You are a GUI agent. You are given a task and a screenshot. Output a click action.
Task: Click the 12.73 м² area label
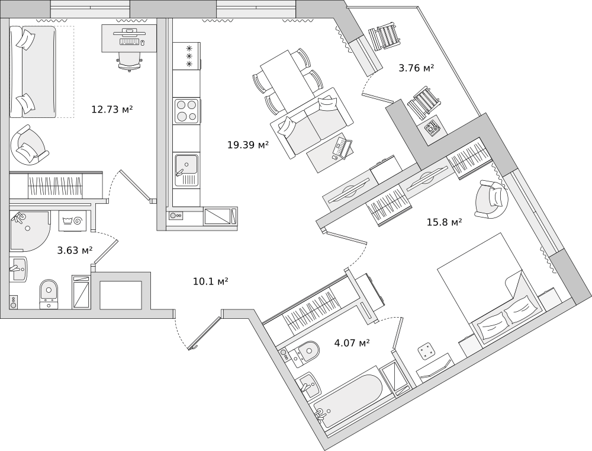pos(112,109)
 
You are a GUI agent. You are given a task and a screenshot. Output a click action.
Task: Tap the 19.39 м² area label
pos(248,144)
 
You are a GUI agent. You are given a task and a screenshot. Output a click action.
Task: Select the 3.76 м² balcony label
pos(416,68)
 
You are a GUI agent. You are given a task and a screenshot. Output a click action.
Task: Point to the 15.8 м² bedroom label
pos(444,222)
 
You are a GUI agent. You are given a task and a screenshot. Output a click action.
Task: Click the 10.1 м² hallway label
pos(211,281)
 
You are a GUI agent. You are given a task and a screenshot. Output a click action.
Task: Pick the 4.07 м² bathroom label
pos(352,342)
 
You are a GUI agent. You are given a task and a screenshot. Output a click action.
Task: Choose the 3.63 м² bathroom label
pos(75,250)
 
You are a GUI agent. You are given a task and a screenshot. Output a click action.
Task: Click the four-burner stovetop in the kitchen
pos(186,111)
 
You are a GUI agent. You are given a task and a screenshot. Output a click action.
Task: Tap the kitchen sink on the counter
pos(186,164)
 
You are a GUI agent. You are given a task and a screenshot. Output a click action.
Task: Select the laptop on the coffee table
pos(342,148)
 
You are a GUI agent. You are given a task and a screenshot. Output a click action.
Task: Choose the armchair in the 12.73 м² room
pos(28,145)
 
